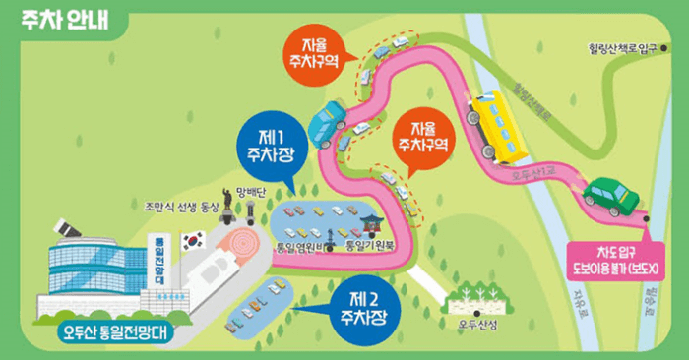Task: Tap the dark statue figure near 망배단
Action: click(227, 203)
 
